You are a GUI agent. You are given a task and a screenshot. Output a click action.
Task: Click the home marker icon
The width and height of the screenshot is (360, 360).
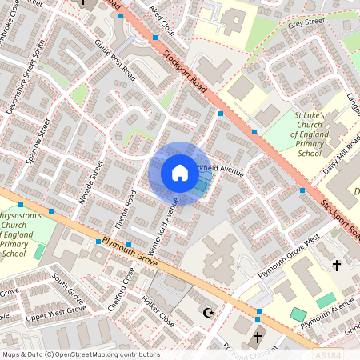pos(180,173)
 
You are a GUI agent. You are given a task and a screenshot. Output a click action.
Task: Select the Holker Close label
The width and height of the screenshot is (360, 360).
pos(156,313)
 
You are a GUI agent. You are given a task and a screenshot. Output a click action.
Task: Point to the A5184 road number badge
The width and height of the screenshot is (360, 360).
pos(330,353)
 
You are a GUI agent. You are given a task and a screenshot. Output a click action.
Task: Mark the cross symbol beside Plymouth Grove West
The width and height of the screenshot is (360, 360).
pos(337,265)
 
